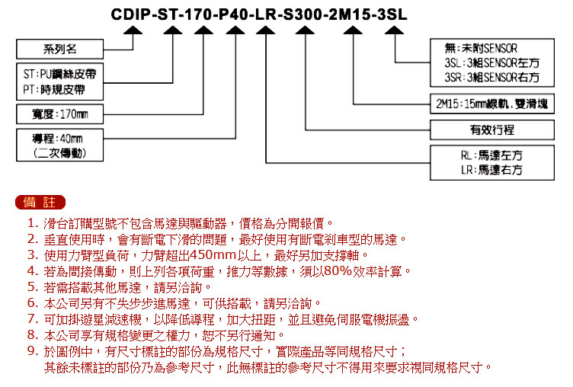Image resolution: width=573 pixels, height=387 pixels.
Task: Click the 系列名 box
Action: (60, 49)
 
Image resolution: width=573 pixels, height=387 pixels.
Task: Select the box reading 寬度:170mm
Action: (60, 114)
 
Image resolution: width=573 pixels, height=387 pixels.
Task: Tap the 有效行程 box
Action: (492, 130)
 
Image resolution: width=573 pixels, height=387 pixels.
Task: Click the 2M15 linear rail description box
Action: (492, 104)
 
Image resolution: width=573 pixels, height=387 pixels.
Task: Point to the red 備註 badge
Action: (40, 202)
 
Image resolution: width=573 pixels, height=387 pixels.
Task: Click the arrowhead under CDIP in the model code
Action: (133, 30)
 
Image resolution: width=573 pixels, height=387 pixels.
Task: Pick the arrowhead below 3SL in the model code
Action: (394, 30)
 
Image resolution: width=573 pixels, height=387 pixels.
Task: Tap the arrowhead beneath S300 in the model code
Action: (305, 30)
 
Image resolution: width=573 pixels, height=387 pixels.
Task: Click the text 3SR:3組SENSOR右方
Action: (492, 78)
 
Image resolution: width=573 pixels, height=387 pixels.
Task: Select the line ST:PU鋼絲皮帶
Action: (59, 74)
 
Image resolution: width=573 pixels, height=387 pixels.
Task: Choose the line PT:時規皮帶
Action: (54, 90)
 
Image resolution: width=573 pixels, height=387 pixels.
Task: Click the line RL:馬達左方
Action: (491, 155)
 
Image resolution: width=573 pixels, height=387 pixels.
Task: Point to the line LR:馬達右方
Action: (491, 170)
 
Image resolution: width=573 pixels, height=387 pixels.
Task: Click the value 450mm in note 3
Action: (213, 254)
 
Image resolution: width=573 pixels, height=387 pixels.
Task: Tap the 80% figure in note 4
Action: (338, 270)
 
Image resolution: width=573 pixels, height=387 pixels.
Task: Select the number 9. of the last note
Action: (33, 351)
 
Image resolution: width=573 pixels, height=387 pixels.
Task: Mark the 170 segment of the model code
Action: (198, 14)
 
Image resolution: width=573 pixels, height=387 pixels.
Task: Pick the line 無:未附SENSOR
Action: (481, 48)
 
